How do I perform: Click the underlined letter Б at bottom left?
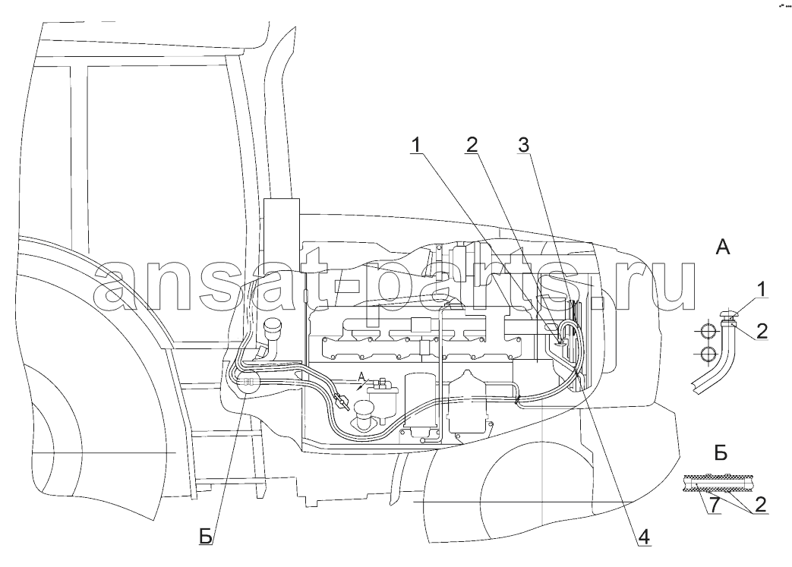(x=206, y=537)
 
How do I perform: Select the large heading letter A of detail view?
(x=724, y=247)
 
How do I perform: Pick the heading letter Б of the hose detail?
(x=721, y=453)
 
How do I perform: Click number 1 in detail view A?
(x=761, y=290)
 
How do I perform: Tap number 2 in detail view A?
(x=762, y=331)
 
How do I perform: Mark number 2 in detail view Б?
(x=761, y=505)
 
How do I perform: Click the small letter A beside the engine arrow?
(x=361, y=376)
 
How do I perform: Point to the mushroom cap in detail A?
(x=730, y=316)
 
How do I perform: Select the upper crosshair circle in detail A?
(x=708, y=332)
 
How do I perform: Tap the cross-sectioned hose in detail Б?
(x=716, y=484)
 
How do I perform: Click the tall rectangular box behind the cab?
(x=282, y=237)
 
